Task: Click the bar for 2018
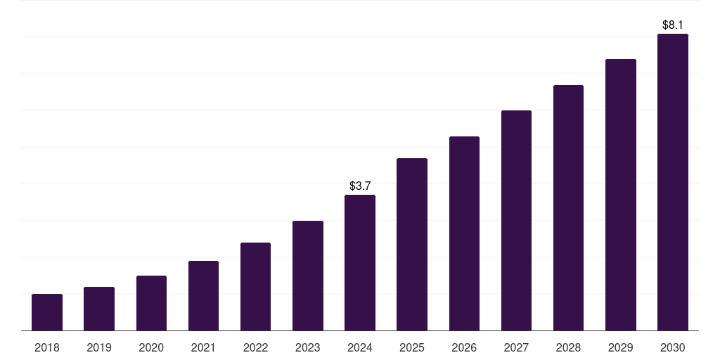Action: [x=47, y=312]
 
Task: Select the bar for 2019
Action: [x=99, y=309]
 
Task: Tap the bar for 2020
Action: [x=151, y=303]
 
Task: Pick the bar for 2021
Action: [x=203, y=295]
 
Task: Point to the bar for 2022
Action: [x=255, y=286]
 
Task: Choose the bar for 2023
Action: [x=308, y=276]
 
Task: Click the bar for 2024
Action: [x=360, y=262]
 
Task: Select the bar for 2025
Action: [x=412, y=244]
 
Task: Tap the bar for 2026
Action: [x=464, y=233]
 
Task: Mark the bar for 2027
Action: [x=516, y=220]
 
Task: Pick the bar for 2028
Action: [x=568, y=207]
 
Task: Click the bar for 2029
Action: [x=621, y=195]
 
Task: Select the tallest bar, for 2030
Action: [x=673, y=182]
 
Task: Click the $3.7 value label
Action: [x=360, y=186]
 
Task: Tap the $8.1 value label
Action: [x=673, y=25]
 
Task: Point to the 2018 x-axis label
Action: [x=47, y=347]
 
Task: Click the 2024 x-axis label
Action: [x=360, y=347]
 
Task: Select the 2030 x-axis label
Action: [x=673, y=347]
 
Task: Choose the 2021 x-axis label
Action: [x=203, y=347]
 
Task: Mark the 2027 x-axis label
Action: [x=516, y=347]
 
